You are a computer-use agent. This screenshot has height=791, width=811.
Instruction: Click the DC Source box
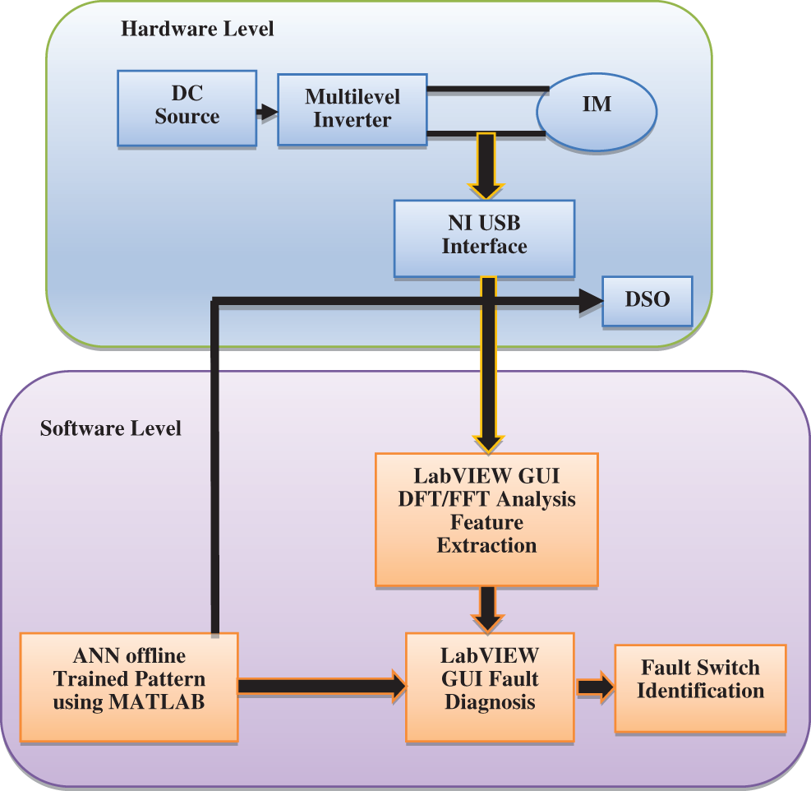(187, 108)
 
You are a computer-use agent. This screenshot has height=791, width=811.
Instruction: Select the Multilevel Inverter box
(352, 109)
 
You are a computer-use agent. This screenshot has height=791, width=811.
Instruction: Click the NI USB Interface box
(484, 237)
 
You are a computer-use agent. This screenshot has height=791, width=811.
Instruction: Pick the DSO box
(647, 300)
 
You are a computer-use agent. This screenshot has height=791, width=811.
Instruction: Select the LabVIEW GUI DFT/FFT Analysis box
(486, 519)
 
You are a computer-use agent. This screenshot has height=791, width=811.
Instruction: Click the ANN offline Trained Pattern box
(129, 687)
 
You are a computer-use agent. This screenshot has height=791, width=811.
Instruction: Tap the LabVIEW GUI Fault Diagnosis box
(490, 687)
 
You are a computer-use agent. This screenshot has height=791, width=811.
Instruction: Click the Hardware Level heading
(197, 30)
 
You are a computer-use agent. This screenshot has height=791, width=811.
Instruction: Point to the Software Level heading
(111, 428)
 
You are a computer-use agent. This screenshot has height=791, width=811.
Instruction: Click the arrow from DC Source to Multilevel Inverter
(267, 111)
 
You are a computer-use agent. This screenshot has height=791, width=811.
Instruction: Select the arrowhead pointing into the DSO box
(590, 302)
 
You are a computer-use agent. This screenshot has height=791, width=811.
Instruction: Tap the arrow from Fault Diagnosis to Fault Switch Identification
(596, 687)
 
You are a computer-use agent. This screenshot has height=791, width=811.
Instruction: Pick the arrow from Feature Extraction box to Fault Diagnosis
(488, 609)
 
